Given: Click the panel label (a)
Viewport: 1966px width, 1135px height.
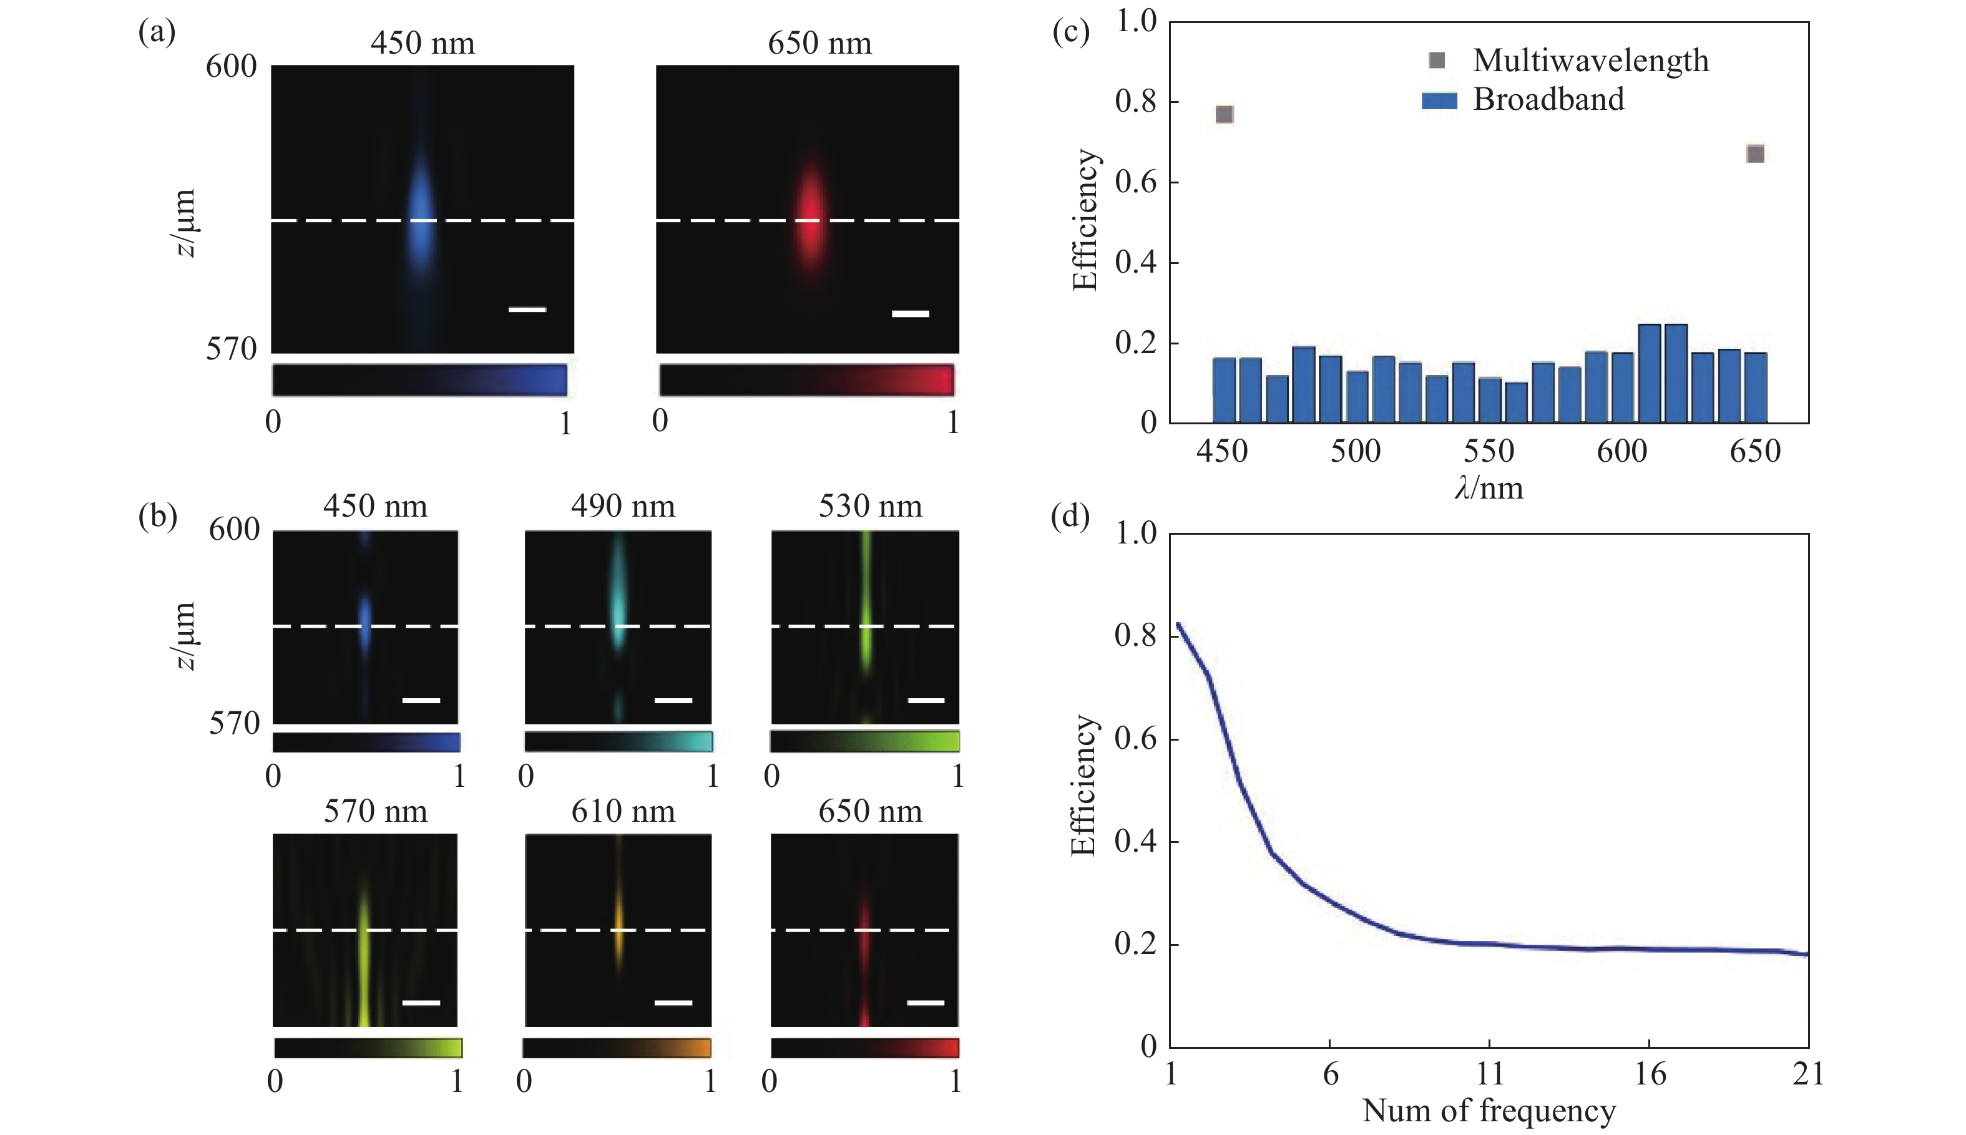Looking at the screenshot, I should [x=157, y=32].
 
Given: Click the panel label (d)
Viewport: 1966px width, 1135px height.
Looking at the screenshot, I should [x=1070, y=516].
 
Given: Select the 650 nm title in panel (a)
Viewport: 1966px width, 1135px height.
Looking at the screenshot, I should [x=819, y=43].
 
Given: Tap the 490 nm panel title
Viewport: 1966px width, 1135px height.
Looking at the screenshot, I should [x=623, y=507].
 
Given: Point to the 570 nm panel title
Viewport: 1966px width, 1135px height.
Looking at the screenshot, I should [x=376, y=812].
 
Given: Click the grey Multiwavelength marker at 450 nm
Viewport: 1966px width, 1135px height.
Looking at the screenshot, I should [x=1224, y=115].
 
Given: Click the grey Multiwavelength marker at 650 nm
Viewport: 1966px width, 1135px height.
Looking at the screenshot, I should [x=1755, y=153].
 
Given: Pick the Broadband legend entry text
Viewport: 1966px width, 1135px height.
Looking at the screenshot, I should [x=1548, y=100].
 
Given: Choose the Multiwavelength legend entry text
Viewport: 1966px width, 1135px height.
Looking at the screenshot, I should [x=1590, y=61].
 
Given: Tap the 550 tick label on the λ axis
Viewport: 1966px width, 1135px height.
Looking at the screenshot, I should [x=1488, y=451].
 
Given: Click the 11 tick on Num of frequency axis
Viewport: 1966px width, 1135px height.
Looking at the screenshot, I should [x=1489, y=1074].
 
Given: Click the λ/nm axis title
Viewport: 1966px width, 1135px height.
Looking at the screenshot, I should [x=1488, y=489].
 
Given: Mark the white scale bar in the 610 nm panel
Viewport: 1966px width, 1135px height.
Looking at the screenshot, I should [x=673, y=1003].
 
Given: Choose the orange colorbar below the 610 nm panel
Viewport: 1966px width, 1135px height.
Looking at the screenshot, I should [x=617, y=1048].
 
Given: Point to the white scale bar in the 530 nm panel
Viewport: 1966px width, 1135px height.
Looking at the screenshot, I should [x=926, y=700].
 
